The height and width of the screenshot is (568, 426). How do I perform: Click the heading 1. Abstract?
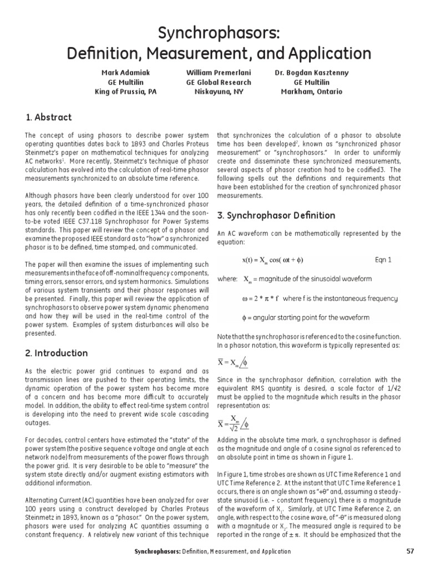pyautogui.click(x=48, y=117)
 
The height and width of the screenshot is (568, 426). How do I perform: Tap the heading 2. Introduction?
pyautogui.click(x=57, y=353)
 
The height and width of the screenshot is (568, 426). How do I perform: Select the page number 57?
pyautogui.click(x=410, y=551)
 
